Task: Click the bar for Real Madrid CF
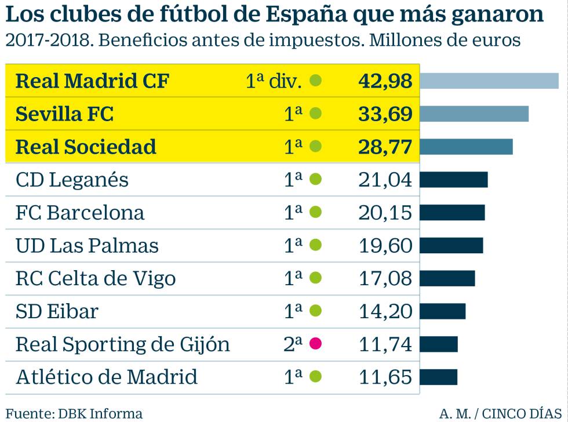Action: (489, 81)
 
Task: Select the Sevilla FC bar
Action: (474, 114)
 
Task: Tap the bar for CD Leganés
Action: (454, 180)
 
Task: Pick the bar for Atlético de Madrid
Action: (439, 377)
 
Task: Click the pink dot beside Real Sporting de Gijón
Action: (315, 344)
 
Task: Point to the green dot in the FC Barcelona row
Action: (315, 213)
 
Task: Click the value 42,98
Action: (385, 81)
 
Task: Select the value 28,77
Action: (385, 147)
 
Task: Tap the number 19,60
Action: (385, 246)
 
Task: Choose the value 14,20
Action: (385, 311)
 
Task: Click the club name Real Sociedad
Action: (86, 147)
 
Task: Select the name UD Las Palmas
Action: (87, 246)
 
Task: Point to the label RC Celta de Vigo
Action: (96, 279)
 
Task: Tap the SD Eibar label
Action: (57, 312)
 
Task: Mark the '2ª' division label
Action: (293, 344)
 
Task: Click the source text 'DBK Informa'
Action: (100, 413)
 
